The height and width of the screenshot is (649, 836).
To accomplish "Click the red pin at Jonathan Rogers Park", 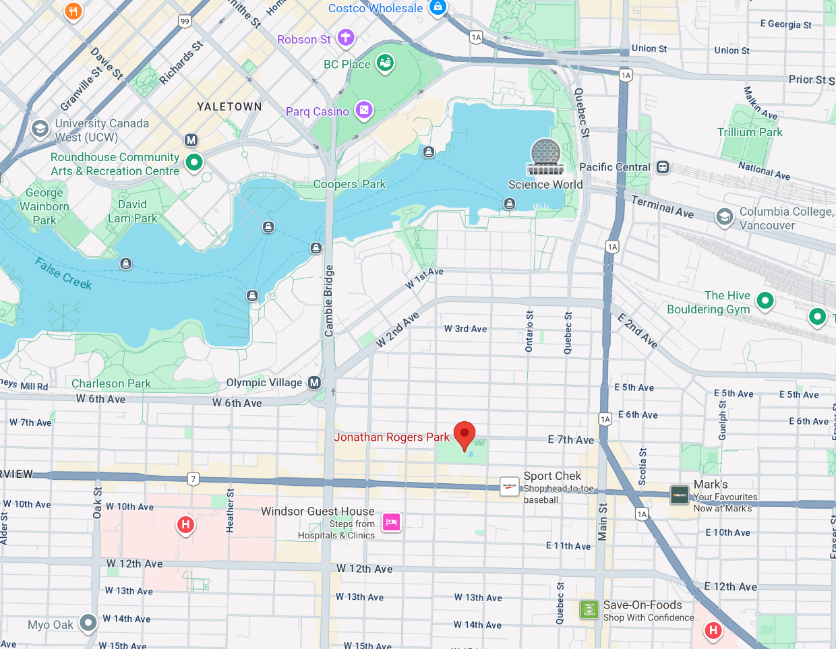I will tap(465, 435).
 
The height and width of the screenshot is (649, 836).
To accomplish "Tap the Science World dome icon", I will tap(547, 157).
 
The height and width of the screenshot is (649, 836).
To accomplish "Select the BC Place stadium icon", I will tap(385, 64).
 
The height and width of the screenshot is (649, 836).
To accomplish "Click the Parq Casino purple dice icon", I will tap(364, 110).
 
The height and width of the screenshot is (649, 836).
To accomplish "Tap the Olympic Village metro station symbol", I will tap(314, 383).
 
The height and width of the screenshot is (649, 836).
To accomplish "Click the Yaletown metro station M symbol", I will tap(191, 140).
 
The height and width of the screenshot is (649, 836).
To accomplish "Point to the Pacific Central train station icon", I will tap(663, 167).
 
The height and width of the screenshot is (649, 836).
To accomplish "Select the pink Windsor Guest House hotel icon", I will tap(392, 522).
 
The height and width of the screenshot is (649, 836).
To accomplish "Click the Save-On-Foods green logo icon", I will tap(589, 609).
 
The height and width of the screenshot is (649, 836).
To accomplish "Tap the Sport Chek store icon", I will tap(510, 487).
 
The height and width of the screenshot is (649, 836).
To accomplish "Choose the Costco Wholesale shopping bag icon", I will tap(438, 7).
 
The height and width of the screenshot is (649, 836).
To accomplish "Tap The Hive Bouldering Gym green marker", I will tap(765, 300).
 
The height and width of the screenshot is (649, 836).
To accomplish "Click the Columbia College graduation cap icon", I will tap(724, 217).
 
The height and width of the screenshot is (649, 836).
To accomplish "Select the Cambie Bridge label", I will tap(329, 301).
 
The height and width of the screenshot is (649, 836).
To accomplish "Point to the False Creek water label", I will tap(63, 274).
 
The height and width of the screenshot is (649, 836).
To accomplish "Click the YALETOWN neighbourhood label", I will tap(229, 106).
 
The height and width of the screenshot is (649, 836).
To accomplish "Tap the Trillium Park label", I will tap(750, 132).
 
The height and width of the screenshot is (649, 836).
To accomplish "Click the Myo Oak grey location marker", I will tap(88, 623).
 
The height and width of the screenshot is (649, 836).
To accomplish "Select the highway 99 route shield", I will tap(185, 22).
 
